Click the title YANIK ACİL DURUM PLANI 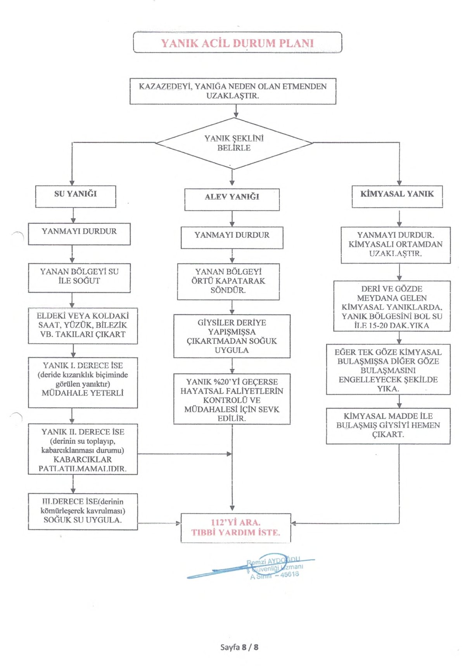[237, 43]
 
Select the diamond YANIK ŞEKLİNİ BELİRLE [234, 143]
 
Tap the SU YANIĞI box [76, 196]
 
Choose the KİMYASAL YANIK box [397, 196]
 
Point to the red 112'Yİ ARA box [235, 527]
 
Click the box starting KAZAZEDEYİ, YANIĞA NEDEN [233, 91]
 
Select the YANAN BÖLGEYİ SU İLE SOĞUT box [79, 277]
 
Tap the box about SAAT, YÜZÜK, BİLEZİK [83, 326]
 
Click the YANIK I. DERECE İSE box [83, 382]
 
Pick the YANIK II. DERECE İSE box [83, 449]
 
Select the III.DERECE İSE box [83, 511]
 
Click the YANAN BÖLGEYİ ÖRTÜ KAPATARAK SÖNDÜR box [228, 281]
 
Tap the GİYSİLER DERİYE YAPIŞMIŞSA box [232, 336]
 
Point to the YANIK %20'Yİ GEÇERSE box [232, 399]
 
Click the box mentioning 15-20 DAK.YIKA [392, 306]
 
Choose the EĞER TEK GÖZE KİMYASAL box [388, 369]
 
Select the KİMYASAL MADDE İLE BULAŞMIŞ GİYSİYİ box [388, 426]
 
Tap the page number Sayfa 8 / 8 [239, 647]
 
